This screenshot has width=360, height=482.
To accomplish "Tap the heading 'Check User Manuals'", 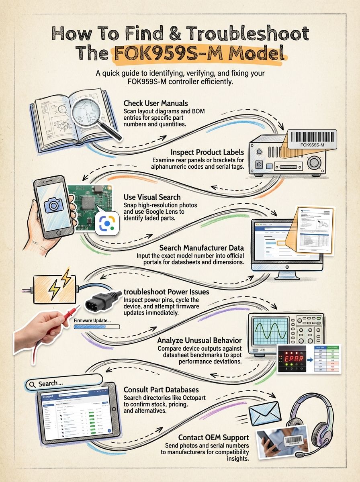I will tap(155, 103).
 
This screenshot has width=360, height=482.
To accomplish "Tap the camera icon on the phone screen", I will tap(54, 206).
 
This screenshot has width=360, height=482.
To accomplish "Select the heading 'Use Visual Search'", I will tap(152, 197).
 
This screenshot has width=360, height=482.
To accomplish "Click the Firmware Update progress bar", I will tap(97, 327).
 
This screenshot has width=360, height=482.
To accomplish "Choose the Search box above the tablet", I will tap(62, 384).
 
